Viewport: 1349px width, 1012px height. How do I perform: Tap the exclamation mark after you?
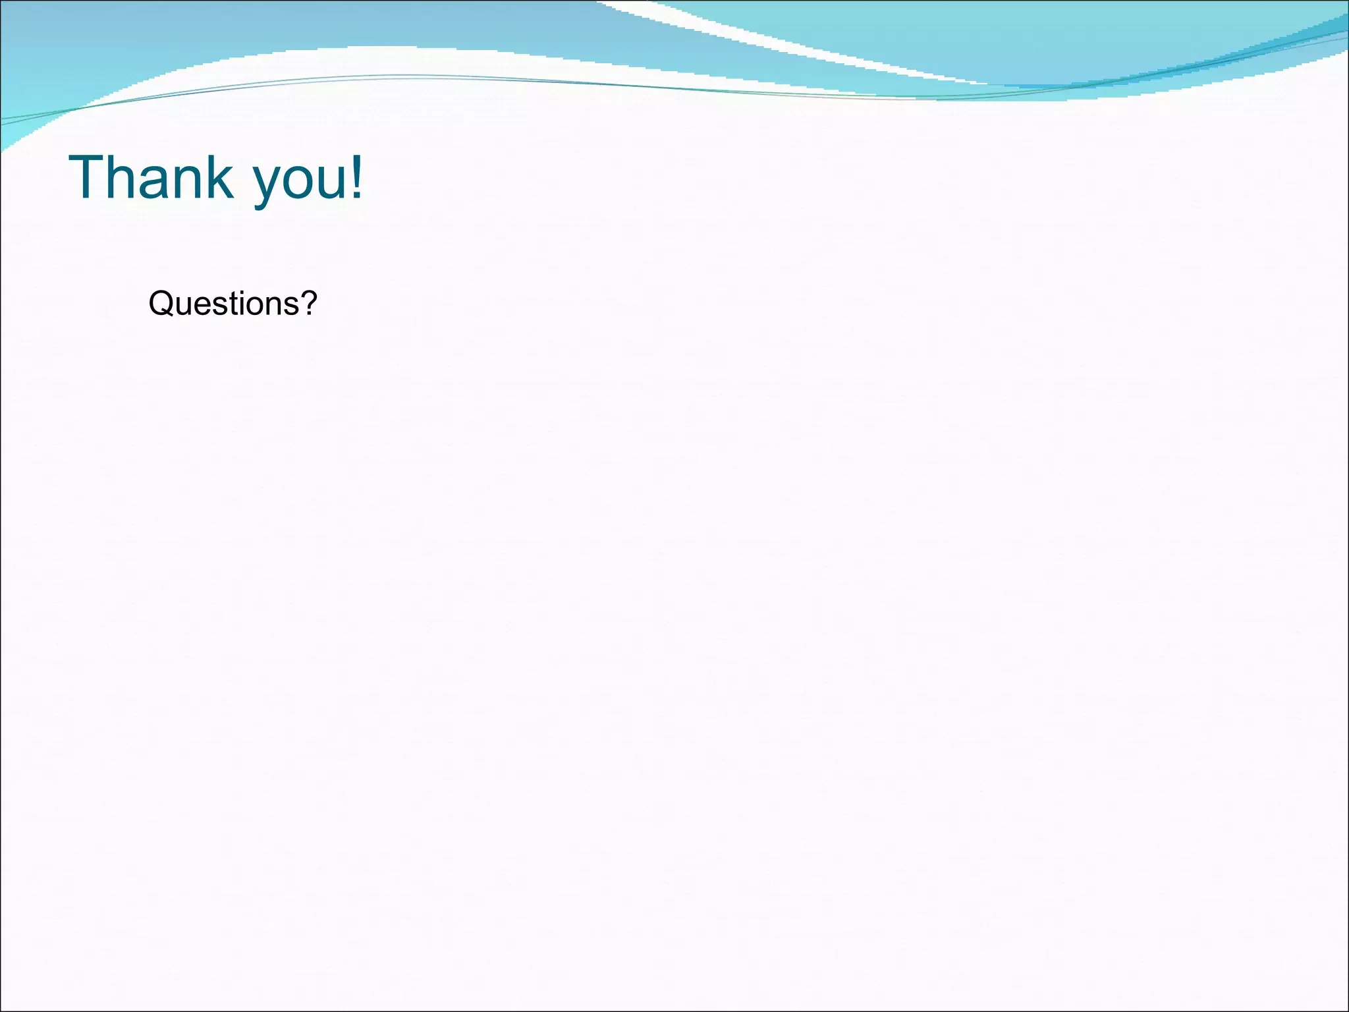(356, 177)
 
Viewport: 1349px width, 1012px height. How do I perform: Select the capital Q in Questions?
(161, 304)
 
